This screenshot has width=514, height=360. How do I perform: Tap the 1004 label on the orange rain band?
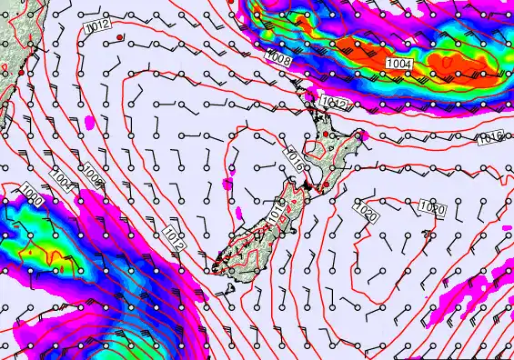point(398,64)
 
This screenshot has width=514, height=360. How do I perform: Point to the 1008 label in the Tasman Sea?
point(91,173)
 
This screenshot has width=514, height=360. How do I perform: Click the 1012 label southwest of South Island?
point(176,239)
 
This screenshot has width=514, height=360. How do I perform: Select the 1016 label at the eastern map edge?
point(490,138)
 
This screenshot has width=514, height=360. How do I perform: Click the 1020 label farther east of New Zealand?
point(432,208)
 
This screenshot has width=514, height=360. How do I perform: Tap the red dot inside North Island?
point(326,135)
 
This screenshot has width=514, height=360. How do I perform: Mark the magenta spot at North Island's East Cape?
point(362,135)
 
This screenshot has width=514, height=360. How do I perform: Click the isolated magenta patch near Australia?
point(90,120)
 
